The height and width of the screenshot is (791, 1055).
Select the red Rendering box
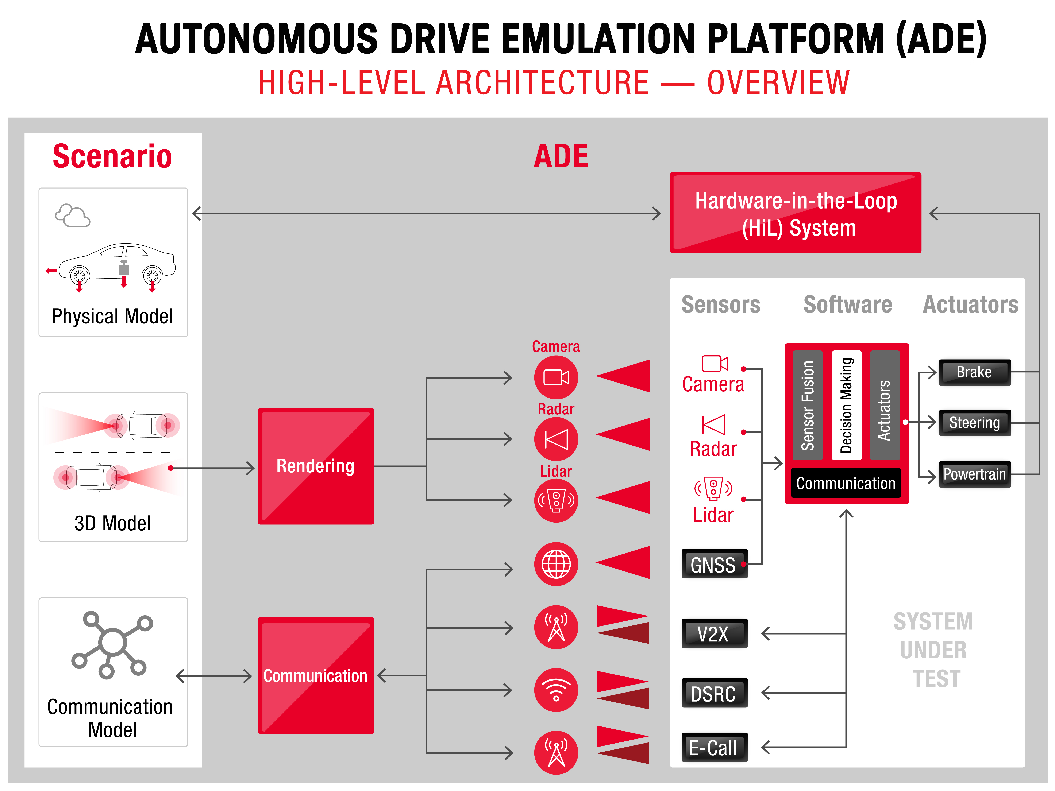pos(316,466)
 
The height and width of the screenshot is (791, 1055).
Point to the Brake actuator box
pos(974,372)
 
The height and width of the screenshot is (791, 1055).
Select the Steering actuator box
pos(974,422)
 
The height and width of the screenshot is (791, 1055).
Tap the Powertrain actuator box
pos(974,474)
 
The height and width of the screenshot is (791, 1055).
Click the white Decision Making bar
pos(846,405)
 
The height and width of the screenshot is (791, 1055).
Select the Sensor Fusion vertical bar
pos(808,405)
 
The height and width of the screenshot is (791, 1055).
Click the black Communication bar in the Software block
pos(846,483)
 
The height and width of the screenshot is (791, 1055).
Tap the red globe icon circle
pos(556,564)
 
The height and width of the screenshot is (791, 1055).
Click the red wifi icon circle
pos(556,690)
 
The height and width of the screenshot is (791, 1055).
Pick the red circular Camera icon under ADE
pos(556,377)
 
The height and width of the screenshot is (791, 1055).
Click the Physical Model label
pos(113,316)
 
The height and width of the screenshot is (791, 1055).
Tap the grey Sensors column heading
pos(721,304)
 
